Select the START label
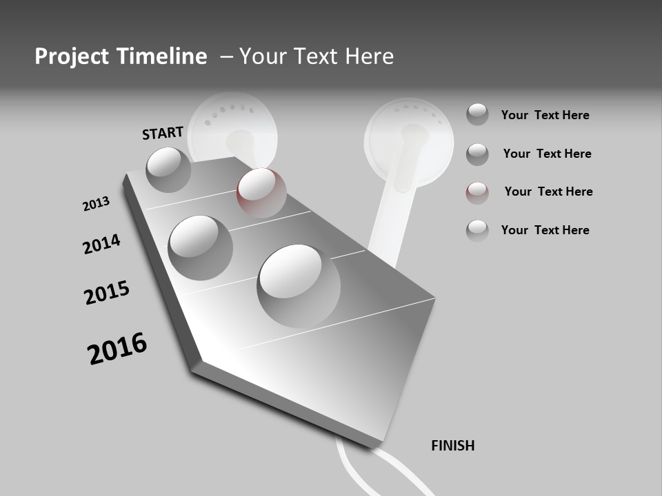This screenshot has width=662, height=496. click(x=163, y=133)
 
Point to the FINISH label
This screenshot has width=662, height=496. click(x=453, y=446)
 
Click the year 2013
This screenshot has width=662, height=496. click(x=96, y=204)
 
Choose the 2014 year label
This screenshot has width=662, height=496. click(x=101, y=244)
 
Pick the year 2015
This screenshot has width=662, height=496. click(x=107, y=293)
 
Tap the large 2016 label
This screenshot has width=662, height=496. click(x=117, y=348)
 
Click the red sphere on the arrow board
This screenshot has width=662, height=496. click(x=261, y=192)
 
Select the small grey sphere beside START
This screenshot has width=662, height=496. click(x=169, y=169)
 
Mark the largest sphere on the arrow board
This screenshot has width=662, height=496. click(x=299, y=285)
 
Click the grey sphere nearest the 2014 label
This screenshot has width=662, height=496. click(x=201, y=247)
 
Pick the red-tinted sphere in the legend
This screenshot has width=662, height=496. click(x=477, y=193)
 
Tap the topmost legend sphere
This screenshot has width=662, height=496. click(x=477, y=114)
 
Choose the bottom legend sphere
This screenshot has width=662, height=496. click(x=477, y=230)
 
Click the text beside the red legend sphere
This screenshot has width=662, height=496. click(x=548, y=192)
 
